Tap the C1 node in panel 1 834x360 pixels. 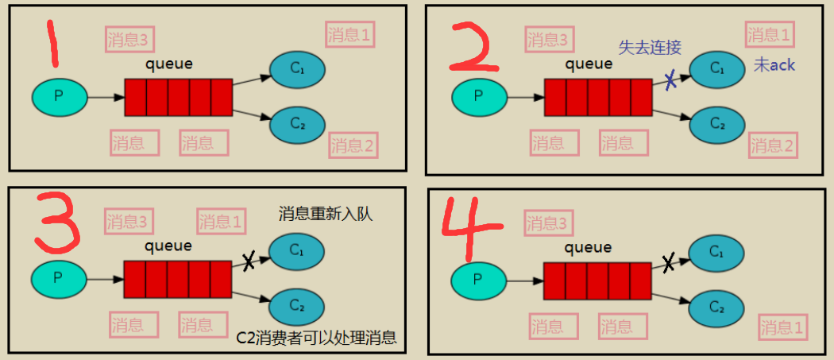click(298, 69)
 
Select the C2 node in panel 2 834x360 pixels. click(717, 124)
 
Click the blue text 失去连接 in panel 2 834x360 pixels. click(650, 47)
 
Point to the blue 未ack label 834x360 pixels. click(774, 65)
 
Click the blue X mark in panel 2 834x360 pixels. click(671, 80)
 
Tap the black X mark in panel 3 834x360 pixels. click(249, 261)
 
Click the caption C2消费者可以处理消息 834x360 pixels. click(316, 338)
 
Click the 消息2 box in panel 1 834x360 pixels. click(353, 145)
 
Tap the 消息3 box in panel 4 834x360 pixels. click(547, 223)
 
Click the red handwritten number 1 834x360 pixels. click(52, 44)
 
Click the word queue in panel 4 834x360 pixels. click(588, 247)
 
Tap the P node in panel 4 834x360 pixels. click(477, 279)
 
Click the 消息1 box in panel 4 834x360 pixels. click(782, 326)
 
